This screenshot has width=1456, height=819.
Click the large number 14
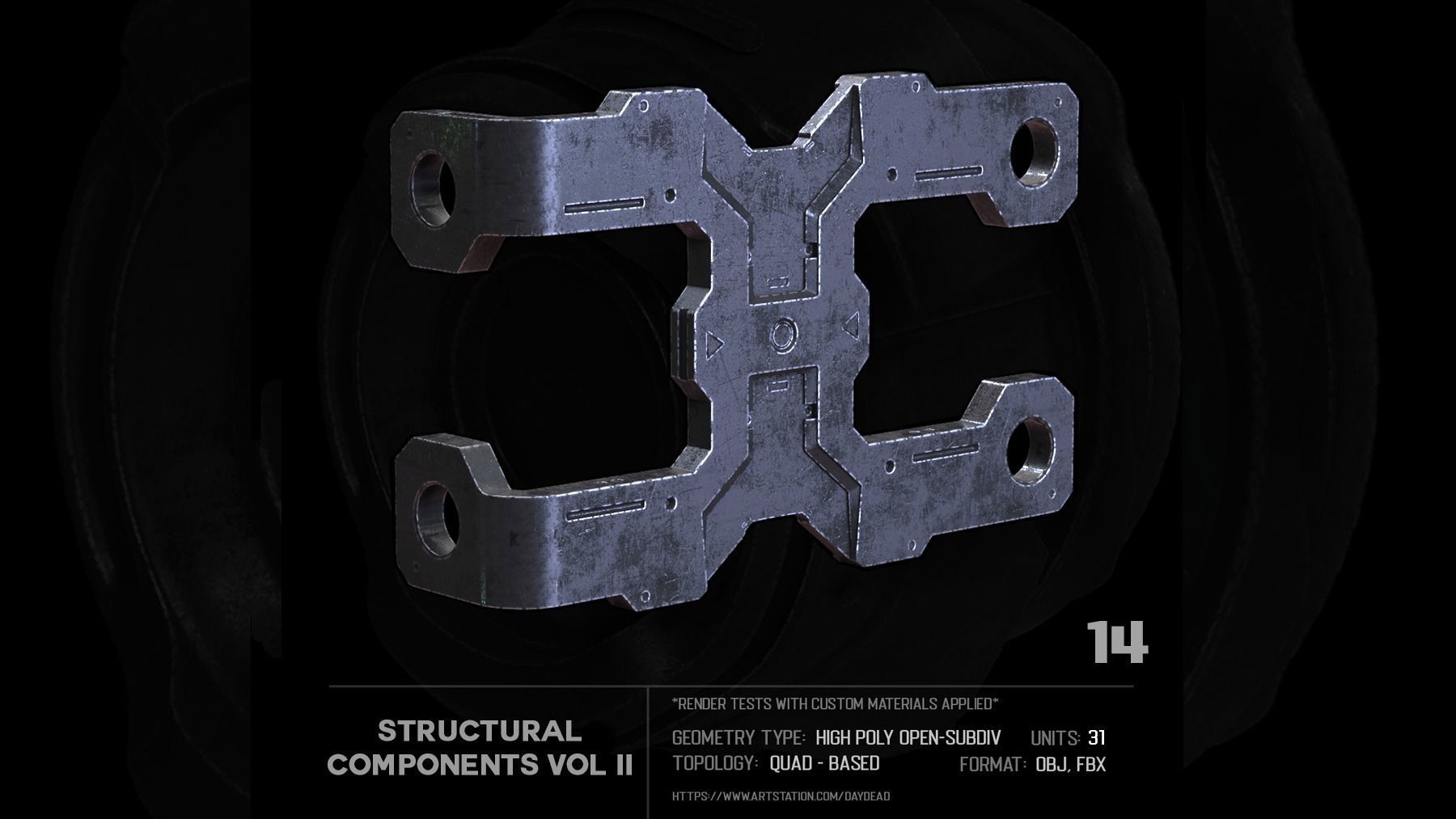(x=1117, y=643)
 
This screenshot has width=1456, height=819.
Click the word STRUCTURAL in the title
(x=480, y=732)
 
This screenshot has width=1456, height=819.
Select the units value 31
(x=1097, y=737)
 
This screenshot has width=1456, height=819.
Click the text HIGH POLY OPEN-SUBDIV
(x=908, y=737)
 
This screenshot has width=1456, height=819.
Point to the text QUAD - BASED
(x=824, y=763)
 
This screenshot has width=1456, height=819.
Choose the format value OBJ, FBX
(x=1070, y=764)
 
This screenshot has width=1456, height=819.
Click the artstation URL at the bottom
(x=781, y=796)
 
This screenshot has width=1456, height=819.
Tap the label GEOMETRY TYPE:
(x=739, y=737)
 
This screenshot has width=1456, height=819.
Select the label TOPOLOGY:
(x=715, y=763)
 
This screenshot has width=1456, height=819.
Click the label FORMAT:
(x=993, y=764)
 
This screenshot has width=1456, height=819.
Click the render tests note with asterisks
(x=836, y=703)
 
